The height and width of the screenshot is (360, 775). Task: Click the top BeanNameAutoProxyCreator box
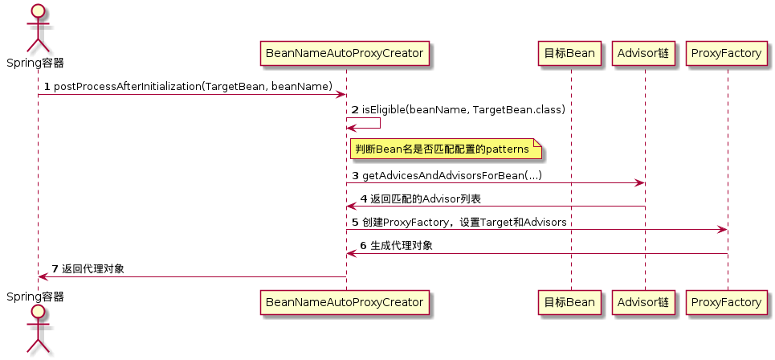344,54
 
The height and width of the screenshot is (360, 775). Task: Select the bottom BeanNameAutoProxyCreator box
344,302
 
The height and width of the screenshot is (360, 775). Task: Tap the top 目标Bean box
569,54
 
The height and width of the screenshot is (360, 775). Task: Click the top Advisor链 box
643,54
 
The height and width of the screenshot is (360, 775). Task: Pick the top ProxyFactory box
726,54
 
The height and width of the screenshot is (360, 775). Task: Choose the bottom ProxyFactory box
726,302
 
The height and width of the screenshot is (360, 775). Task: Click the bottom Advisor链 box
643,302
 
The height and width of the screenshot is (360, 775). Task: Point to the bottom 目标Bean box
569,302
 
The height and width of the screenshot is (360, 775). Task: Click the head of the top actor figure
37,10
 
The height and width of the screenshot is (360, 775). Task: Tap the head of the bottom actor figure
37,313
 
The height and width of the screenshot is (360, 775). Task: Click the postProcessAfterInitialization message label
193,86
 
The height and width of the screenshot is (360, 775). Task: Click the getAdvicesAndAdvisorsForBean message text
451,175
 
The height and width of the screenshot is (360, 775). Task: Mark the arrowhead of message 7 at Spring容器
43,277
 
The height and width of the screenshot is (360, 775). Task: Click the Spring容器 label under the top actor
35,63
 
